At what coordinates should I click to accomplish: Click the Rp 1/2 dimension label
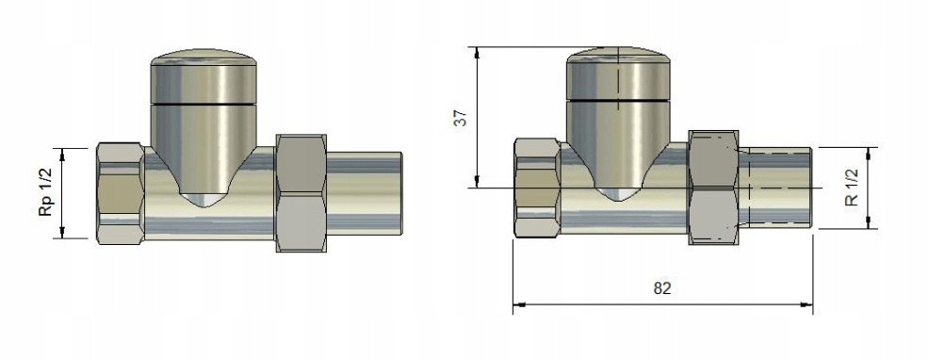pos(45,192)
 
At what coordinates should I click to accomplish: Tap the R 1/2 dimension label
pos(852,188)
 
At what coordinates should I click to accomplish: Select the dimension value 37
pos(461,118)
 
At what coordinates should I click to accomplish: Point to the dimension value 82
pos(662,288)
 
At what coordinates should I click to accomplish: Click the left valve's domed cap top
pos(204,57)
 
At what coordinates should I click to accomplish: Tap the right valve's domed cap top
pos(618,54)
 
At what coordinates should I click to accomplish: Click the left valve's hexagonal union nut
pos(301,193)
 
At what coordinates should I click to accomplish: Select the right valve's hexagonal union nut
pos(713,188)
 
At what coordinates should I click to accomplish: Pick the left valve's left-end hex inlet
pos(121,193)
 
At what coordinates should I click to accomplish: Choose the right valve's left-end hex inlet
pos(537,188)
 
